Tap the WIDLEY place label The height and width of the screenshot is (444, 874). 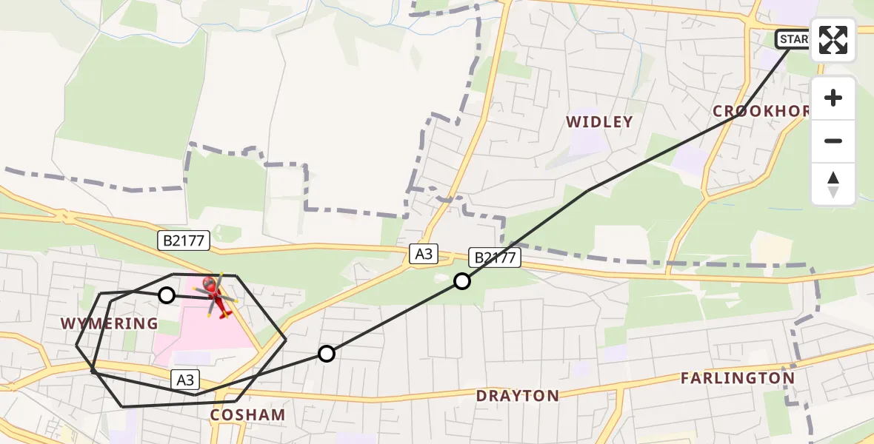599,122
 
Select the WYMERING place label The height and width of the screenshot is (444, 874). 110,323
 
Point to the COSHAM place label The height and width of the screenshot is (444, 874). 247,415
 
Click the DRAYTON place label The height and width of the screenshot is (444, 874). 518,396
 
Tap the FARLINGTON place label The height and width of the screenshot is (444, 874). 737,378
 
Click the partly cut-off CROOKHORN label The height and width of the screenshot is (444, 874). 761,111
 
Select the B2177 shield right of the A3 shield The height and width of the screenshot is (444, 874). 496,258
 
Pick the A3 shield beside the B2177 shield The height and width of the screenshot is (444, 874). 423,255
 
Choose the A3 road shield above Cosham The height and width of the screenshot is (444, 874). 185,380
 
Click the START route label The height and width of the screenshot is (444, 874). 793,38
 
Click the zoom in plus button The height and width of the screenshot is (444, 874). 833,98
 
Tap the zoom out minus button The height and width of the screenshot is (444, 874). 833,141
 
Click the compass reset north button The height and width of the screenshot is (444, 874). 833,184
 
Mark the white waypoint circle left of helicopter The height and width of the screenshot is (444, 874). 167,295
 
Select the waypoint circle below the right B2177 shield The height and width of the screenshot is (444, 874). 462,281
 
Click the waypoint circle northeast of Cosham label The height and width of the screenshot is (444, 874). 327,354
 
